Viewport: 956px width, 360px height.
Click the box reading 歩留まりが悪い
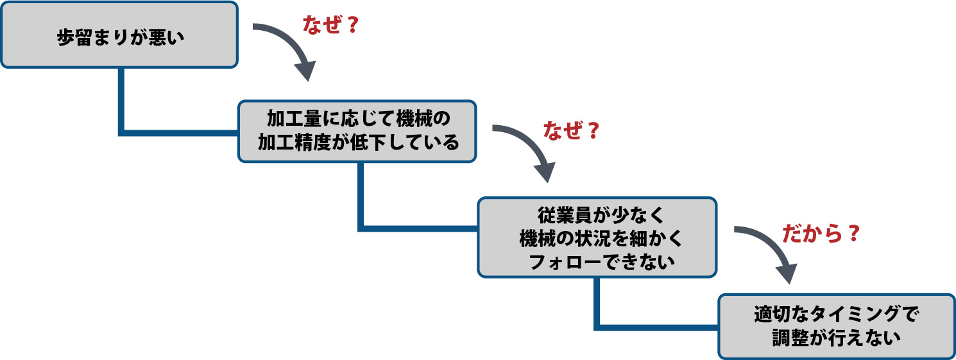tap(119, 35)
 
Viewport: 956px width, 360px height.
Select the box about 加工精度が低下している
tap(357, 131)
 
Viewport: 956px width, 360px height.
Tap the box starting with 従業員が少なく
tap(597, 237)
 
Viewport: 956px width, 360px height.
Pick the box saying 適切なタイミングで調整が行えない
tap(836, 326)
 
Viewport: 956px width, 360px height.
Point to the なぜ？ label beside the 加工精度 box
tap(570, 132)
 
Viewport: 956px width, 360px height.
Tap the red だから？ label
tap(820, 234)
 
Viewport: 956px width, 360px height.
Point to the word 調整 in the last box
tap(792, 338)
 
